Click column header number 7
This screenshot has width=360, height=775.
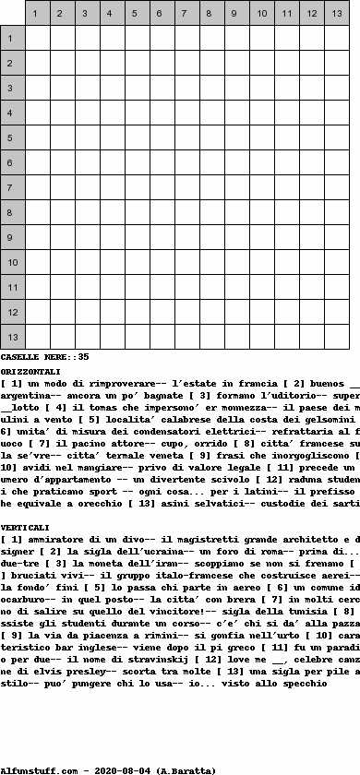point(162,14)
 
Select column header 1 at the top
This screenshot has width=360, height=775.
point(37,14)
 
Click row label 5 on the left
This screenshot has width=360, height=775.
point(12,137)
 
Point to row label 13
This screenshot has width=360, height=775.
point(12,337)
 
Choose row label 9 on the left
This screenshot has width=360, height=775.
point(12,237)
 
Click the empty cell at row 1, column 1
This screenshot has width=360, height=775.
point(37,38)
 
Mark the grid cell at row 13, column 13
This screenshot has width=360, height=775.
point(336,337)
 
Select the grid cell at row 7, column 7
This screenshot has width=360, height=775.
point(186,187)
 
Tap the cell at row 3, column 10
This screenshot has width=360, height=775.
point(261,88)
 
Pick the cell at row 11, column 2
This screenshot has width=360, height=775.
point(62,287)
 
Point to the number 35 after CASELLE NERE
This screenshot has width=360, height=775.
point(83,356)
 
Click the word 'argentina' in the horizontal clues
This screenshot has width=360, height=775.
point(26,395)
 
